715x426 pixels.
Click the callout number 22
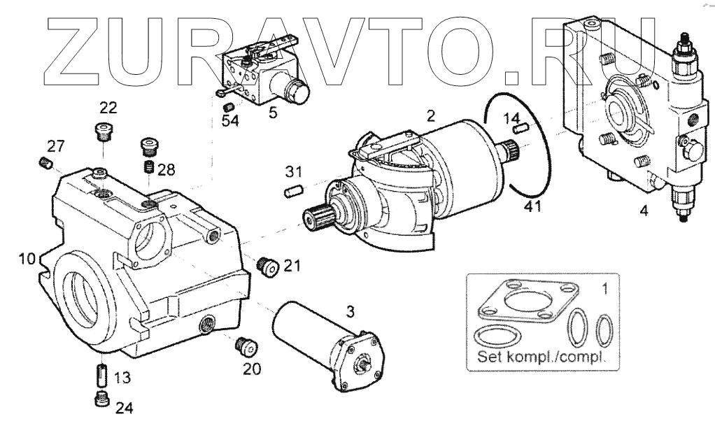click(108, 108)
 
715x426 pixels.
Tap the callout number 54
click(230, 122)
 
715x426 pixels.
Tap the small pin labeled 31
click(293, 190)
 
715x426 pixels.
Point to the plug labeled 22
click(104, 132)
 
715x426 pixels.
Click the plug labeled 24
click(99, 399)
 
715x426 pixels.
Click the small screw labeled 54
click(227, 106)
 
